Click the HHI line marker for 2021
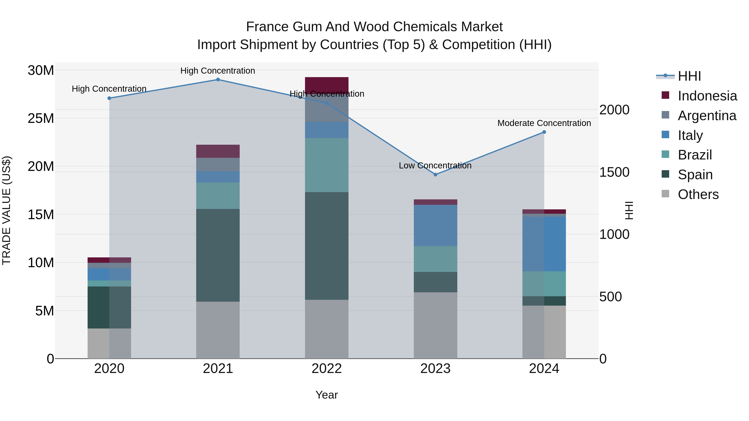click(x=218, y=80)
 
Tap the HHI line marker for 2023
click(x=435, y=175)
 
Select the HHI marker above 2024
click(x=544, y=132)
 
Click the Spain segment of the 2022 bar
click(x=326, y=246)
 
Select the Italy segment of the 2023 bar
click(x=435, y=225)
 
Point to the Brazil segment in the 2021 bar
click(x=218, y=196)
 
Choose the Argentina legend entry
click(x=707, y=115)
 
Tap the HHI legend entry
click(x=689, y=76)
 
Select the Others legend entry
click(x=698, y=194)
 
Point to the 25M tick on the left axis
click(x=41, y=118)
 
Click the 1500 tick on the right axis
click(x=614, y=172)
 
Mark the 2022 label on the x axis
click(x=326, y=369)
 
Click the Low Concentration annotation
click(x=435, y=166)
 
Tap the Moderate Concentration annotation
click(x=544, y=123)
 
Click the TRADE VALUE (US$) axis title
click(x=6, y=210)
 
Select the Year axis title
click(x=326, y=395)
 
